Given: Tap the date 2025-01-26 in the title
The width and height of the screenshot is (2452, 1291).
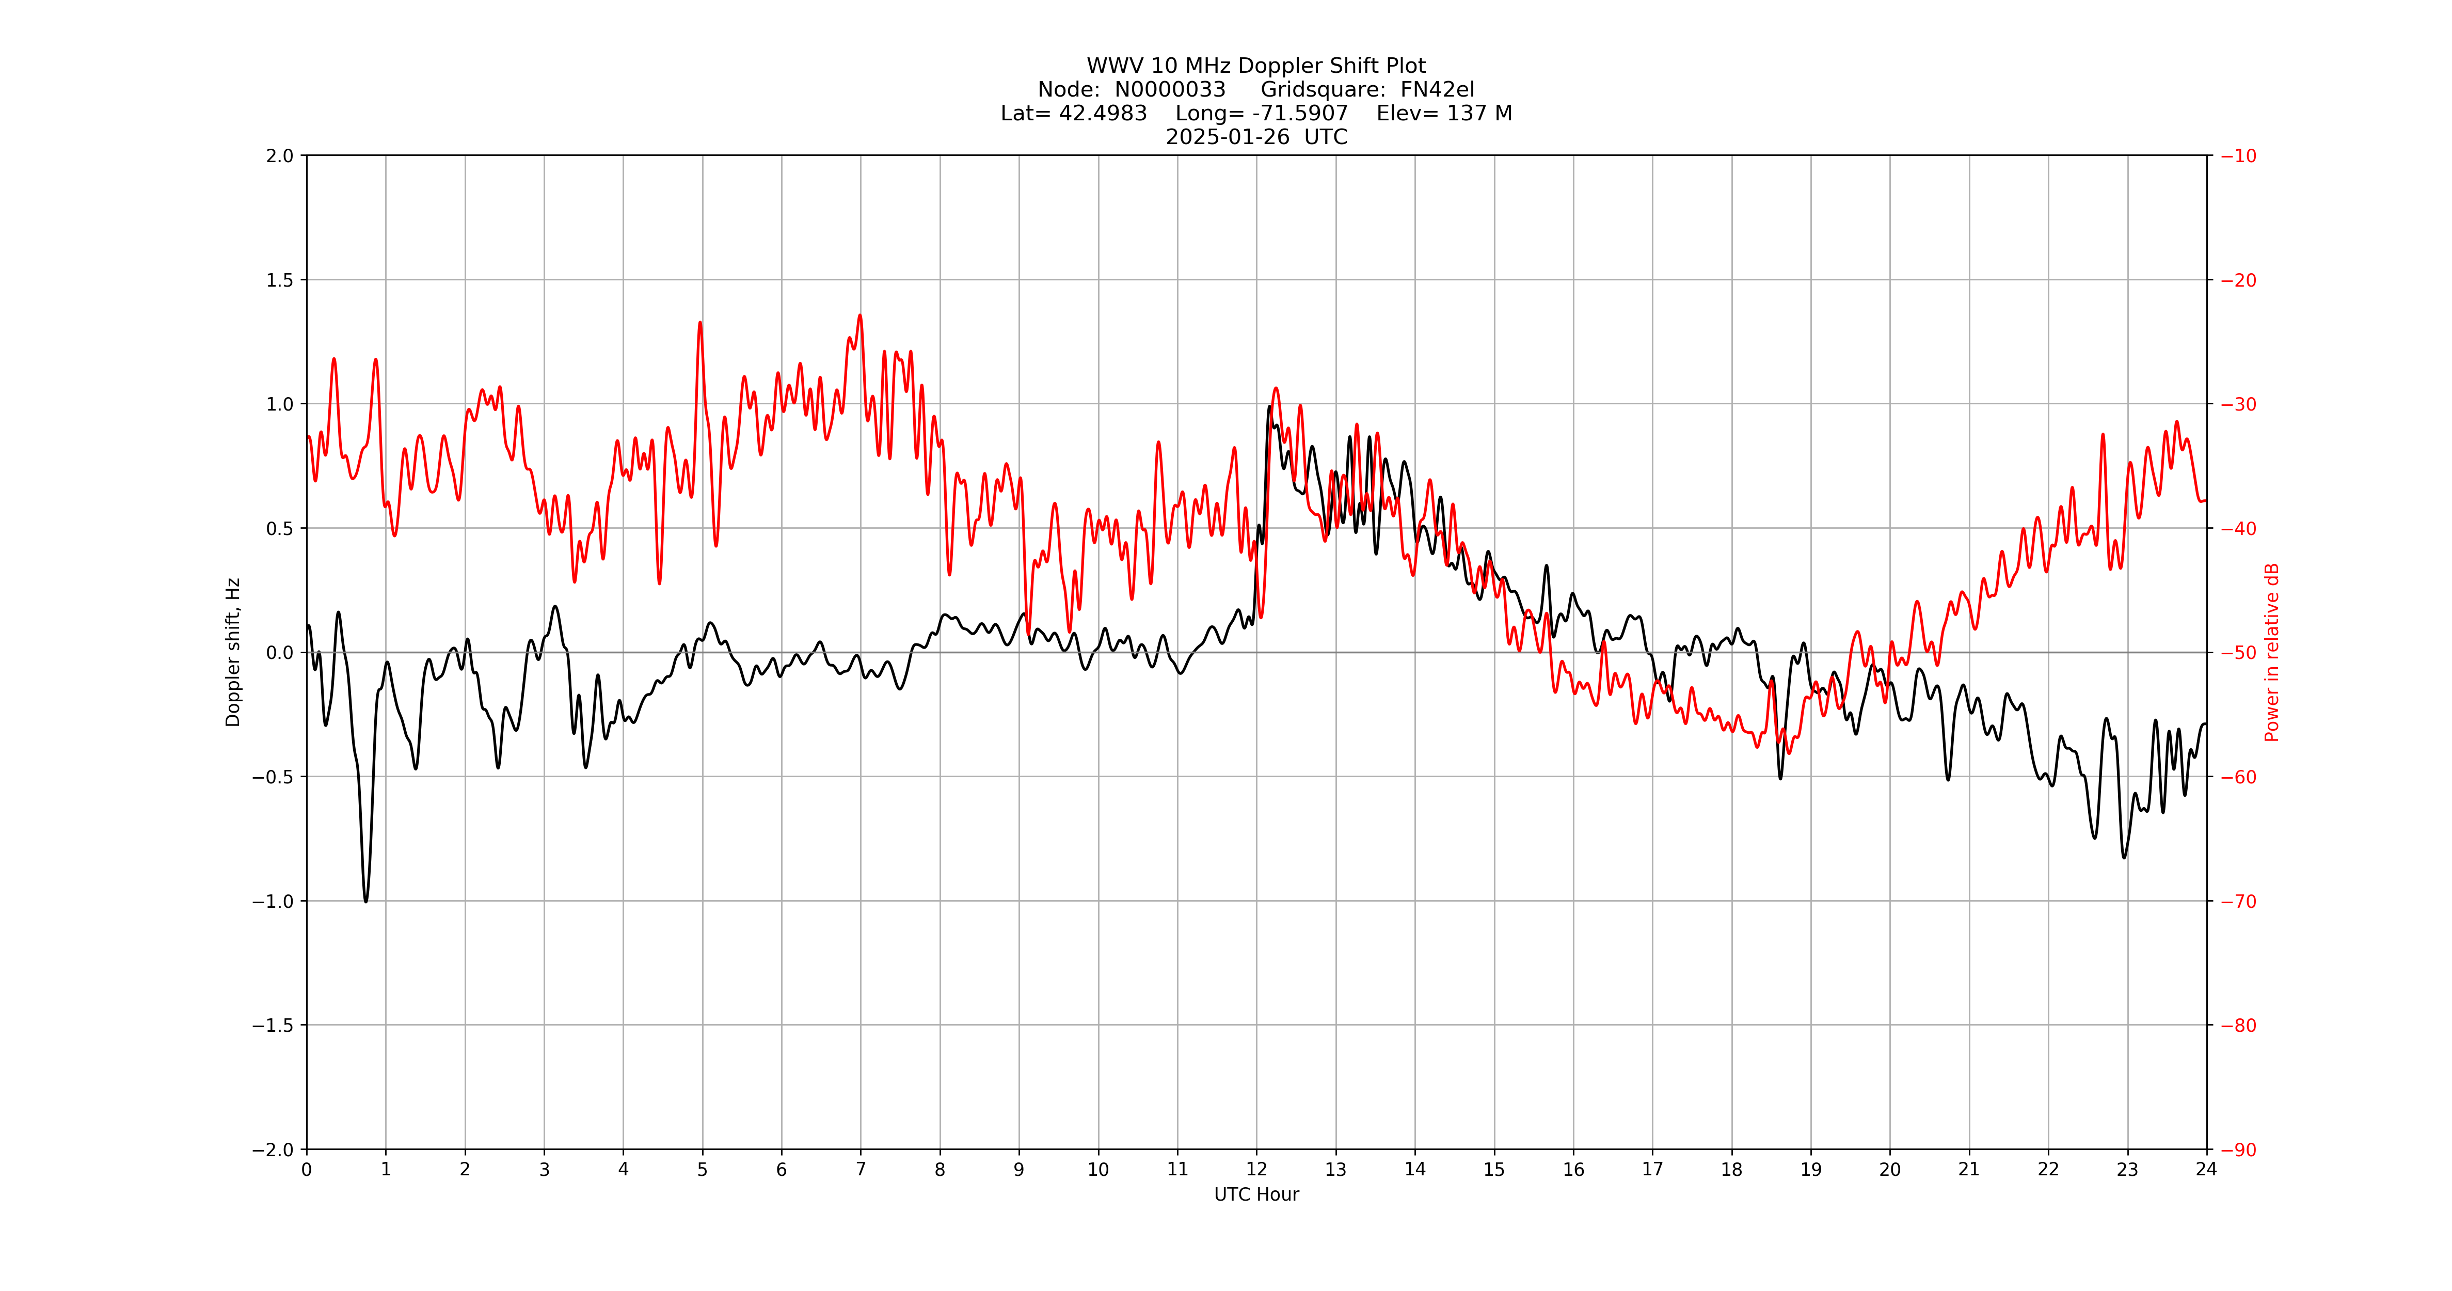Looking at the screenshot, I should tap(1228, 137).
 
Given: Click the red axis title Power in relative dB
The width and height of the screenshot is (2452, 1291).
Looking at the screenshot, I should tap(2272, 652).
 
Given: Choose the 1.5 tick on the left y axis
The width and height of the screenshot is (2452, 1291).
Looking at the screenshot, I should tap(280, 280).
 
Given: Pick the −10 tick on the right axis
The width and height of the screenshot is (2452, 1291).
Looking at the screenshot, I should tap(2238, 156).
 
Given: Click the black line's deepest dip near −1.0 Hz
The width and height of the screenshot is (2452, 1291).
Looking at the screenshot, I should tap(365, 901).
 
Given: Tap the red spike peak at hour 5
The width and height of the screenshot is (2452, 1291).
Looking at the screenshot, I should tap(699, 323).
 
